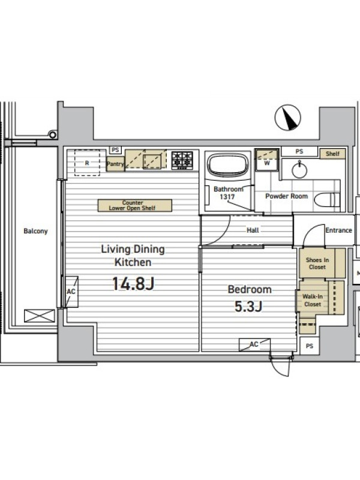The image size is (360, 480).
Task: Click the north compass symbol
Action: click(x=288, y=118)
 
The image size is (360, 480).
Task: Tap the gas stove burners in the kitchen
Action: click(x=182, y=160)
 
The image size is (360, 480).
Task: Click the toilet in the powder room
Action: click(x=327, y=200)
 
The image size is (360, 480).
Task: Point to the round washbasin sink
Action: click(x=299, y=170)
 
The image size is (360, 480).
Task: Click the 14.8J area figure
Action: click(x=133, y=283)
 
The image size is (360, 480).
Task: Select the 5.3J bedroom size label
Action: click(x=248, y=306)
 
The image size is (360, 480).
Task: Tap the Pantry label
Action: click(x=115, y=164)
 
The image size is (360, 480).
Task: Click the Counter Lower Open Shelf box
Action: click(x=134, y=205)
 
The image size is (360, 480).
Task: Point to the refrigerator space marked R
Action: click(x=87, y=163)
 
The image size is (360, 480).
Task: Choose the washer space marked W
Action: click(x=267, y=160)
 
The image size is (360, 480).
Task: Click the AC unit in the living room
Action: click(x=71, y=292)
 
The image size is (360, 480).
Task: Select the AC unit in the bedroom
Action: click(x=254, y=344)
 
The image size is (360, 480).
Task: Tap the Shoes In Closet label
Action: click(x=317, y=263)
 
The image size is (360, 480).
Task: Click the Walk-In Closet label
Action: click(x=313, y=301)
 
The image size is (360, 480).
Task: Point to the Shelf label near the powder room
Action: click(x=332, y=154)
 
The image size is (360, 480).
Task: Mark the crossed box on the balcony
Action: click(x=40, y=316)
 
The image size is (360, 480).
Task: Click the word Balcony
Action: click(x=35, y=231)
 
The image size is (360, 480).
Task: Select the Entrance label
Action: click(x=338, y=230)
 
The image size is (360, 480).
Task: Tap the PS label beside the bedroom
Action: click(x=310, y=346)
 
